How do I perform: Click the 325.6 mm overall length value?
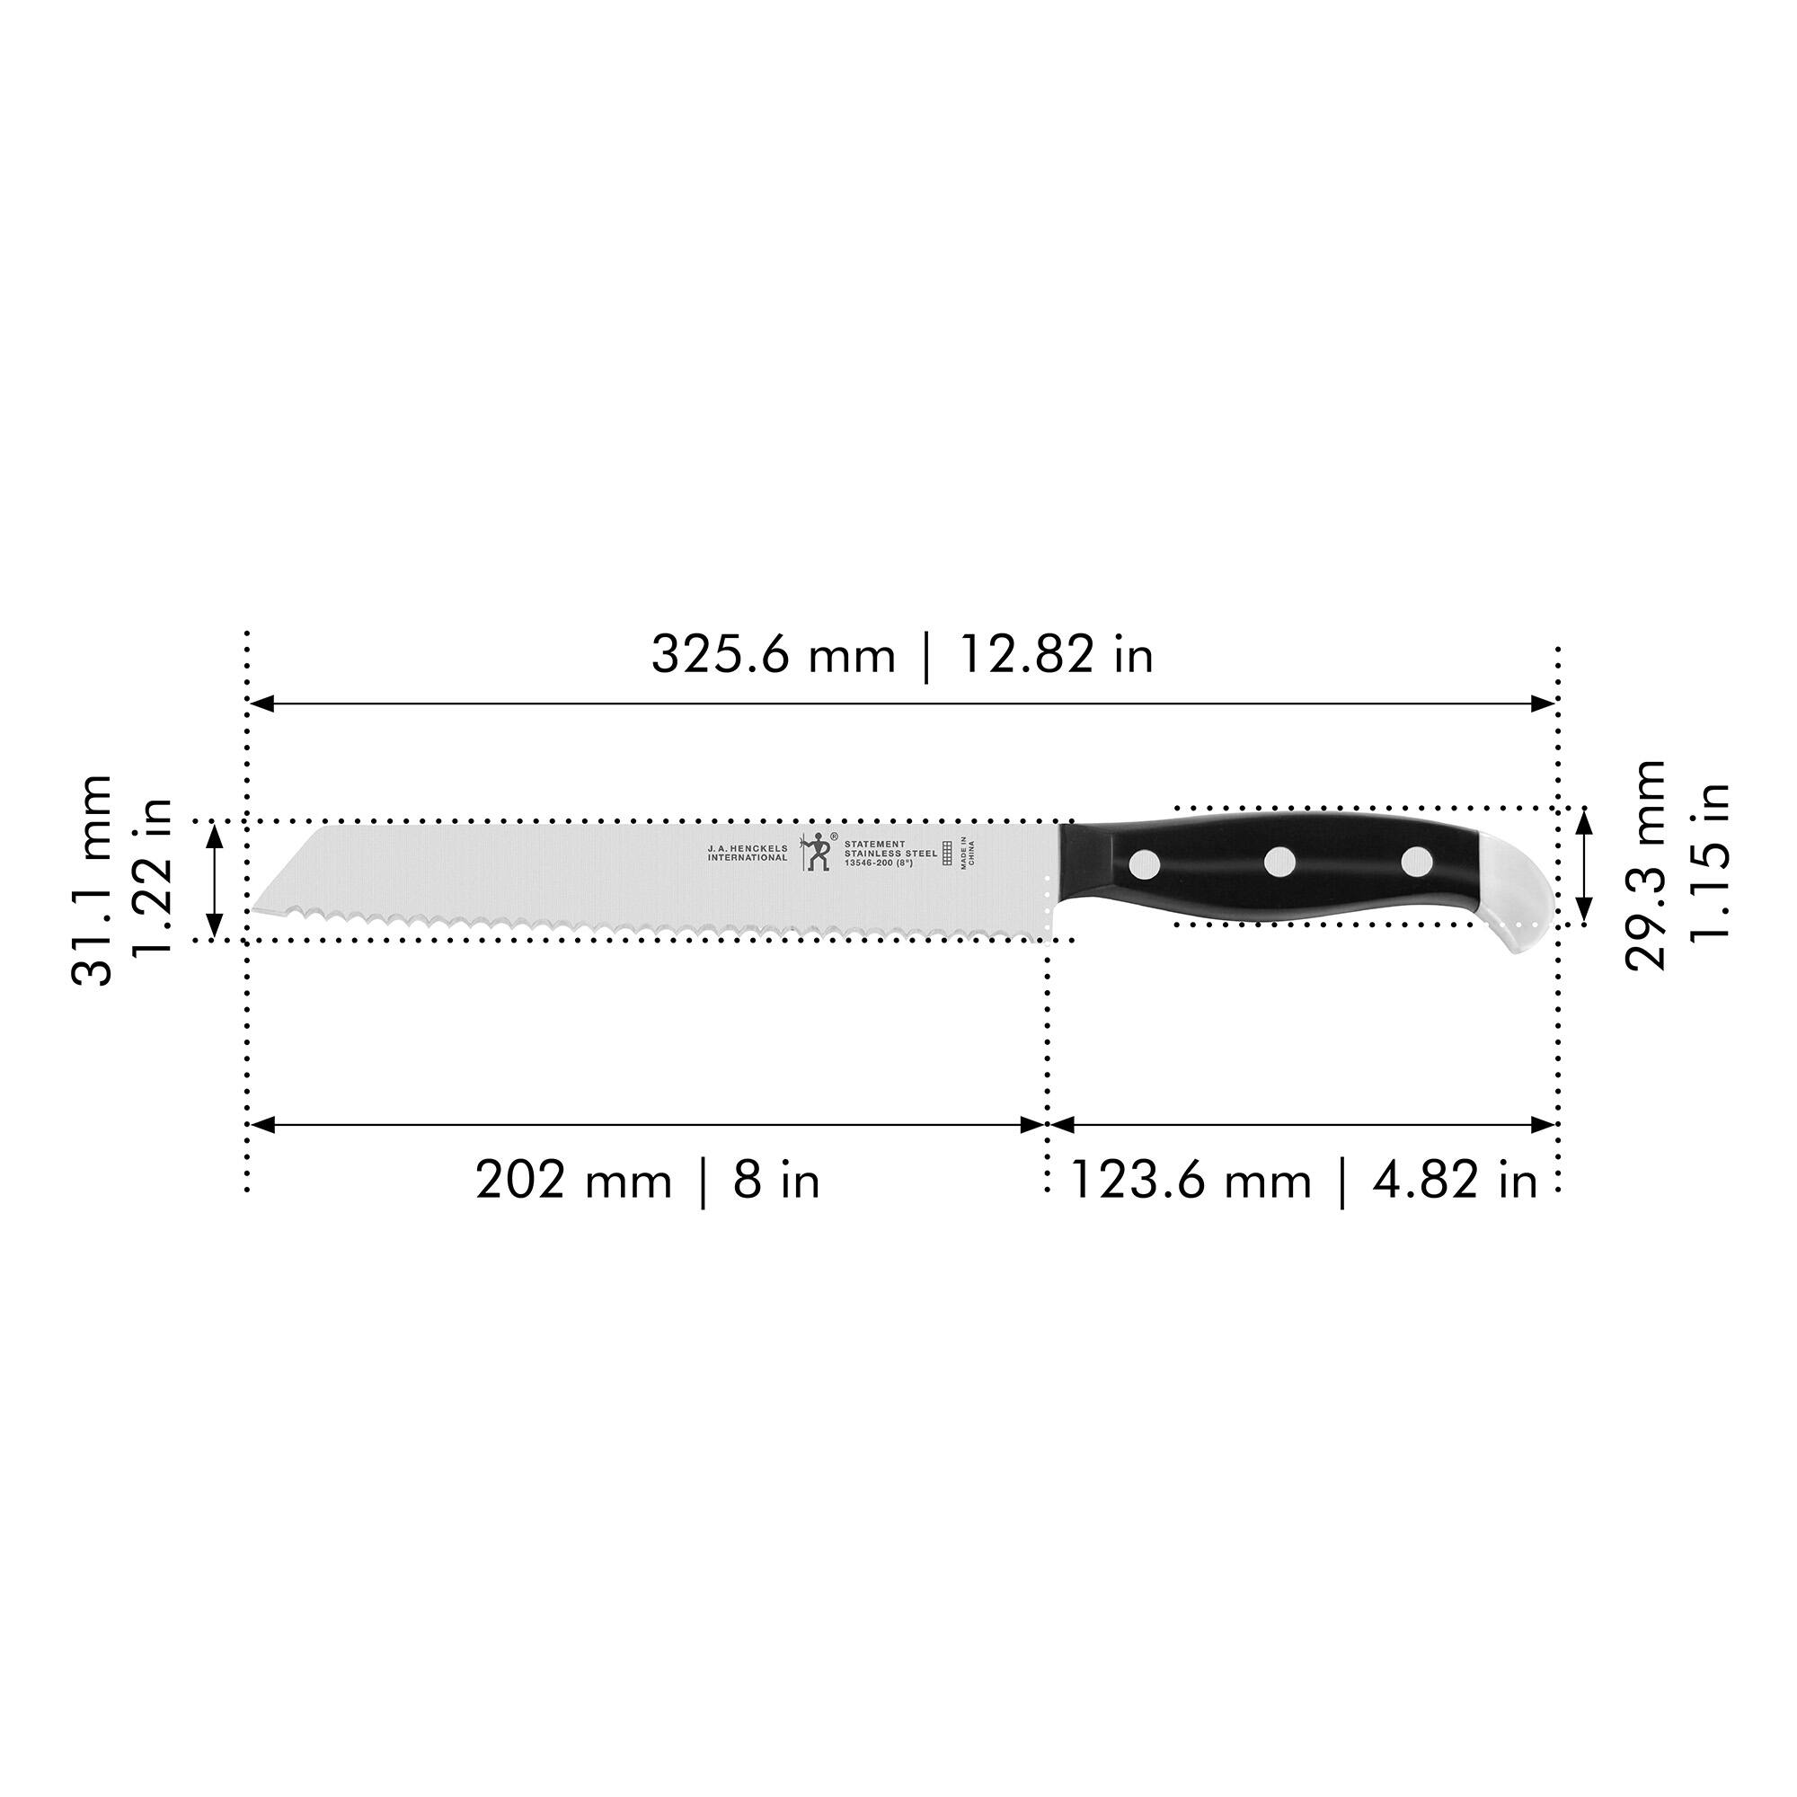click(x=772, y=656)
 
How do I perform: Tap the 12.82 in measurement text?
click(x=1056, y=656)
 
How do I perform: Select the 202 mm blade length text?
click(x=573, y=1182)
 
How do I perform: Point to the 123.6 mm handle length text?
click(x=1191, y=1182)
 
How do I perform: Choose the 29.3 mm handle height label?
click(x=1644, y=866)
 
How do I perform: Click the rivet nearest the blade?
click(x=1144, y=866)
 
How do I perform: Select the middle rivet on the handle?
click(x=1279, y=862)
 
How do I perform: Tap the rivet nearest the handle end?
click(x=1417, y=862)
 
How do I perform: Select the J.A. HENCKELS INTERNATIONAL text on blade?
click(x=747, y=852)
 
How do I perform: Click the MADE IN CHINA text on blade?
click(x=968, y=853)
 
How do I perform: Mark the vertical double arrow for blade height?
click(x=215, y=881)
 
